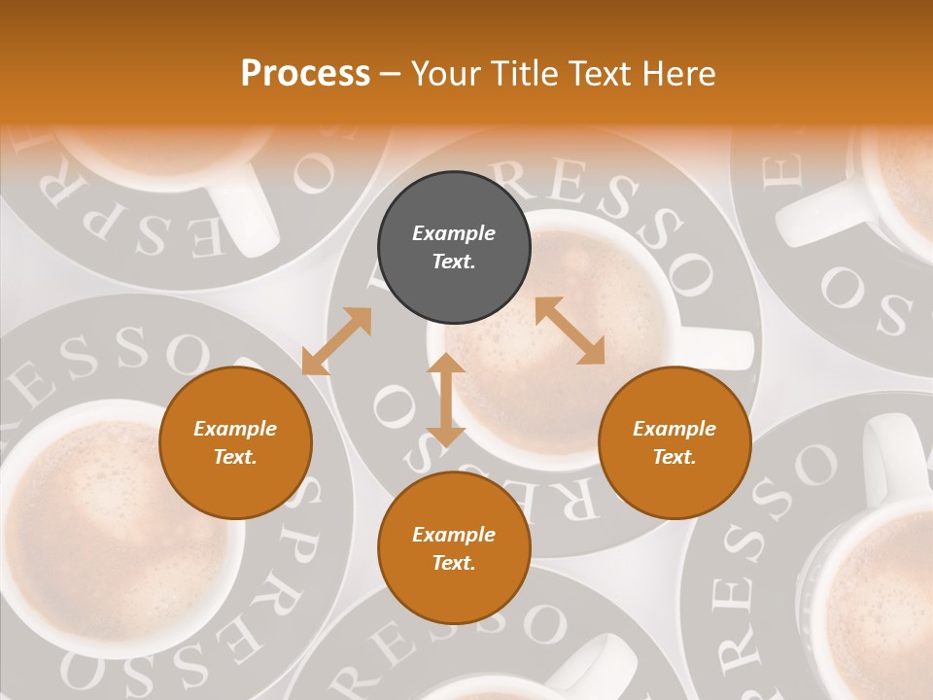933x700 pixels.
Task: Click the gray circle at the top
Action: tap(454, 248)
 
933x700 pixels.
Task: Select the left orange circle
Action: tap(235, 442)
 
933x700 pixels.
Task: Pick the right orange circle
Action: tap(674, 442)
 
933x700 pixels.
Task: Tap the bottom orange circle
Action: tap(454, 548)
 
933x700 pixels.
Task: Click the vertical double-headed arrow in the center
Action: tap(446, 400)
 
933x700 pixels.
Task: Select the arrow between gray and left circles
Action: tap(336, 341)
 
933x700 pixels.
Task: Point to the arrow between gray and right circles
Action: tap(570, 331)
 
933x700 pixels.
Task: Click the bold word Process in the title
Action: tap(305, 74)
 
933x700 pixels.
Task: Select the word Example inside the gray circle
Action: tap(454, 233)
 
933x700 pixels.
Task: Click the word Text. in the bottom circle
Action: tap(454, 563)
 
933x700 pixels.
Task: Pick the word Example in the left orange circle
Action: tap(235, 429)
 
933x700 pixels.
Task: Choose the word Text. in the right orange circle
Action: tap(674, 457)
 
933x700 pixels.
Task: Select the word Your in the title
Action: tap(446, 74)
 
